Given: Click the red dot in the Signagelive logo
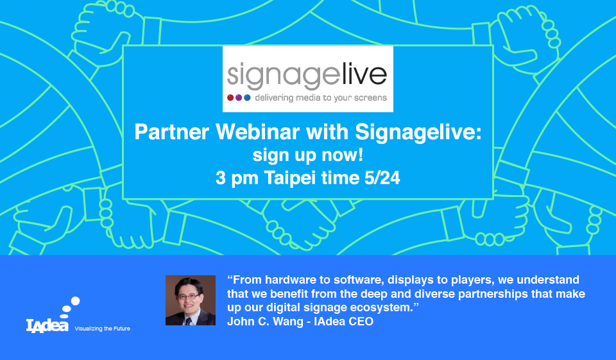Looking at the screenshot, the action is pyautogui.click(x=230, y=98).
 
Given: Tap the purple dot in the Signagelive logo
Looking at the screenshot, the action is pyautogui.click(x=239, y=98).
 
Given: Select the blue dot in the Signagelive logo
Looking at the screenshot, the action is pyautogui.click(x=247, y=98).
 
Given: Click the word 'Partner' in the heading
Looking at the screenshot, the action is pyautogui.click(x=172, y=132).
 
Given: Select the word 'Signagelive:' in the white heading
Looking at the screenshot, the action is pyautogui.click(x=418, y=133).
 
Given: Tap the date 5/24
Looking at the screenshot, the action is pyautogui.click(x=382, y=178).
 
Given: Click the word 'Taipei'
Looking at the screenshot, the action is pyautogui.click(x=290, y=178).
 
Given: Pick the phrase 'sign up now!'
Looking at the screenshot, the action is pyautogui.click(x=308, y=155).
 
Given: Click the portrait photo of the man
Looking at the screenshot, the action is pyautogui.click(x=191, y=300).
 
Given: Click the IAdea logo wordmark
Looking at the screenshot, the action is pyautogui.click(x=47, y=326).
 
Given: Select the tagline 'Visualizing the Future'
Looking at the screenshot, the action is pyautogui.click(x=102, y=329).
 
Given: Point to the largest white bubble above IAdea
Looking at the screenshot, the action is pyautogui.click(x=75, y=301).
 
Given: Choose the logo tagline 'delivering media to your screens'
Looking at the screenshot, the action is pyautogui.click(x=321, y=98).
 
